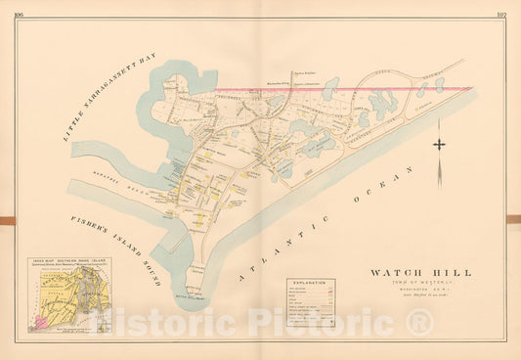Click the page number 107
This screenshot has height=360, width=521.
pos(499,14)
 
